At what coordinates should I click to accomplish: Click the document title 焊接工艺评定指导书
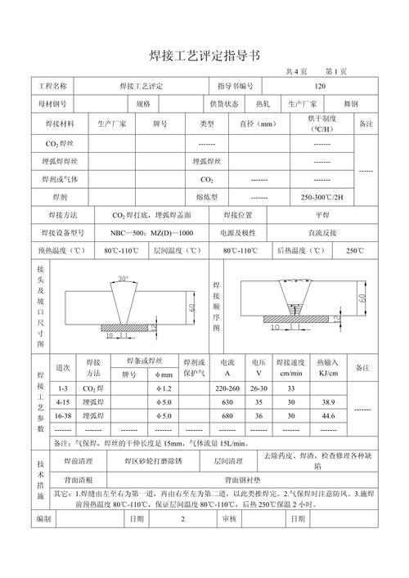pyautogui.click(x=204, y=56)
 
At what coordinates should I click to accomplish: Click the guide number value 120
pyautogui.click(x=320, y=86)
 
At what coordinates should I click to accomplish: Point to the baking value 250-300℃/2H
pyautogui.click(x=322, y=197)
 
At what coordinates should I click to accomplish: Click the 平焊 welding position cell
pyautogui.click(x=322, y=215)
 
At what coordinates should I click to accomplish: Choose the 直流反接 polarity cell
pyautogui.click(x=322, y=233)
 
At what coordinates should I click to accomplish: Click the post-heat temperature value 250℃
pyautogui.click(x=354, y=250)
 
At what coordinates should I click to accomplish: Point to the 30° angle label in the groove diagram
pyautogui.click(x=123, y=279)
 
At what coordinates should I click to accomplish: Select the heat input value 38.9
pyautogui.click(x=328, y=402)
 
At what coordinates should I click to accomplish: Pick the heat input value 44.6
pyautogui.click(x=328, y=416)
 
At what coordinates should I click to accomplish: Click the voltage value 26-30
pyautogui.click(x=258, y=388)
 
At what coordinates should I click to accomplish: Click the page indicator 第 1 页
pyautogui.click(x=335, y=71)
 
